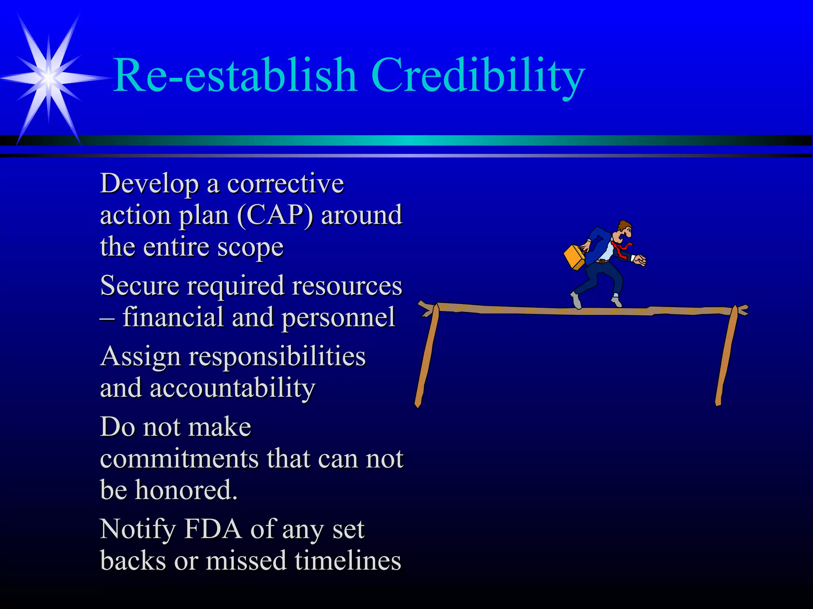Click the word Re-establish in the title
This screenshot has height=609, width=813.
click(x=235, y=75)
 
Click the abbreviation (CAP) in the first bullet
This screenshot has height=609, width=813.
click(x=275, y=215)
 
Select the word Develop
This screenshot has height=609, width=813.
click(x=149, y=184)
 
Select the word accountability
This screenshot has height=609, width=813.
click(x=233, y=389)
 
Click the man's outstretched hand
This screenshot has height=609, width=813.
click(x=640, y=260)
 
